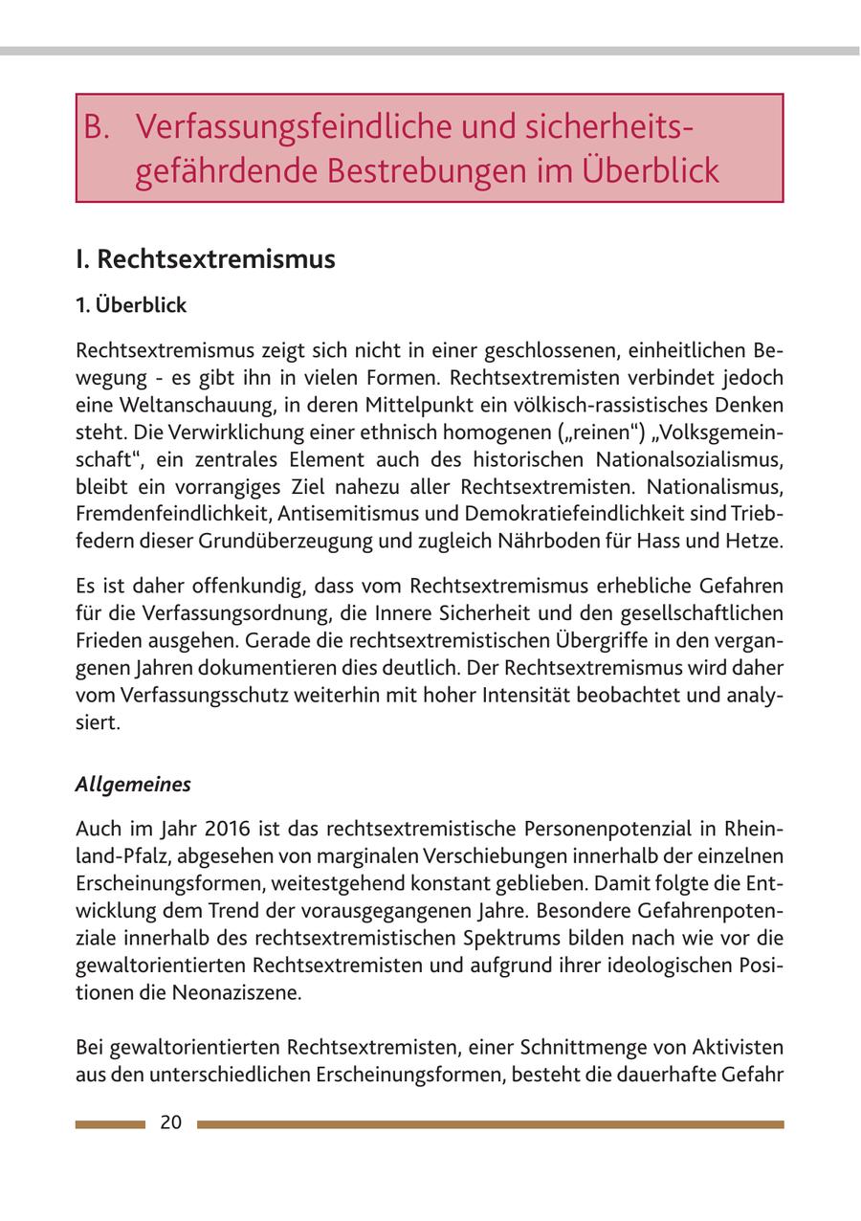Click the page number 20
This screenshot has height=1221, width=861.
tap(170, 1123)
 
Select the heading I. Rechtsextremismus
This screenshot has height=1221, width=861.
tap(206, 259)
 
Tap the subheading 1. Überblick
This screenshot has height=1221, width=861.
tap(131, 306)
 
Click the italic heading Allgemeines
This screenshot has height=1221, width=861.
tap(133, 785)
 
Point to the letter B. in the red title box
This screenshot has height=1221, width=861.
tap(99, 127)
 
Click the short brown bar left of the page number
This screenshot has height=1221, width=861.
tap(110, 1124)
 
